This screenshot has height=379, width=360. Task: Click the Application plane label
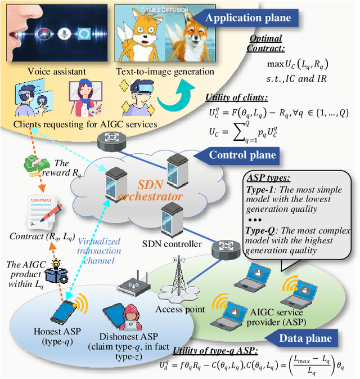[x=248, y=17]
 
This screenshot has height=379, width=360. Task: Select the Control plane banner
[x=242, y=155]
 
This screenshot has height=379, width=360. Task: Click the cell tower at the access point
[x=179, y=271]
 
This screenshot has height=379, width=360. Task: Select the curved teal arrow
[x=176, y=97]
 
